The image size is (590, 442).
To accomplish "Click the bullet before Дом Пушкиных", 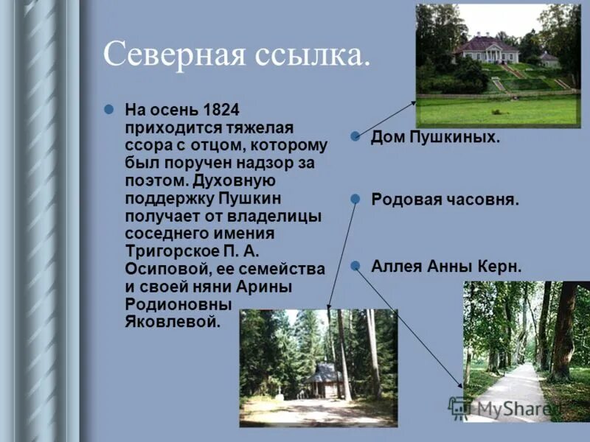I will pyautogui.click(x=355, y=136).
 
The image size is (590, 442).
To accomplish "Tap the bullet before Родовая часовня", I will pyautogui.click(x=355, y=199).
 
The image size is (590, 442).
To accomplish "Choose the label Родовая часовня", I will pyautogui.click(x=445, y=200).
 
